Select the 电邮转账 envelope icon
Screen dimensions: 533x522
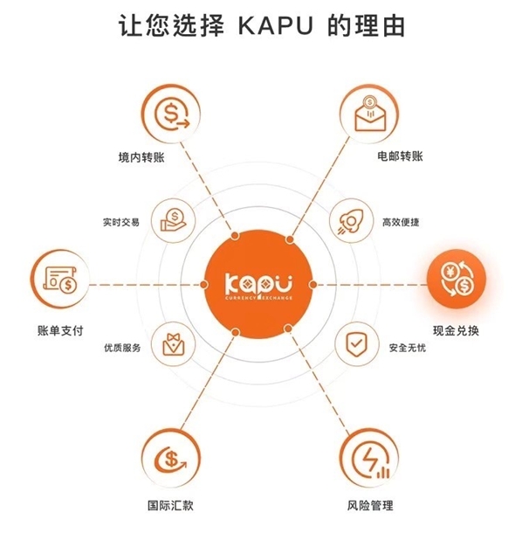368,114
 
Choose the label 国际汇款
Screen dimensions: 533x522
170,505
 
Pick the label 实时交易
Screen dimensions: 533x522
120,222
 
